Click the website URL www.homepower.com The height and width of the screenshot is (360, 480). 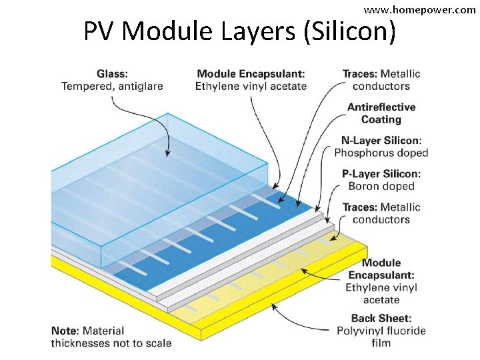[x=419, y=10]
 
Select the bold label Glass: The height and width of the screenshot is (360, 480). [x=113, y=73]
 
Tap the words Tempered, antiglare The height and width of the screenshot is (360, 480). [x=112, y=86]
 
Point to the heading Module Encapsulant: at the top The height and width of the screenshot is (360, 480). [x=251, y=73]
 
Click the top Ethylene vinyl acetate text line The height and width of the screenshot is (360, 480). [x=251, y=86]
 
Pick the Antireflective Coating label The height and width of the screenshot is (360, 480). [x=381, y=113]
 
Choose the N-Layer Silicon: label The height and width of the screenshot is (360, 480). [x=381, y=141]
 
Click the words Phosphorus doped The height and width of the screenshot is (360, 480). [x=381, y=153]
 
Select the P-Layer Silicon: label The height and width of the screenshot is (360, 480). [x=381, y=174]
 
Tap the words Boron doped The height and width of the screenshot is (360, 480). [x=381, y=187]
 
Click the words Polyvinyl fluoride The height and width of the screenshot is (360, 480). [x=381, y=331]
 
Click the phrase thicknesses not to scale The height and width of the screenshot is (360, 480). [x=111, y=343]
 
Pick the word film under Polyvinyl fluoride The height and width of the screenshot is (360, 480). [x=381, y=343]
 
